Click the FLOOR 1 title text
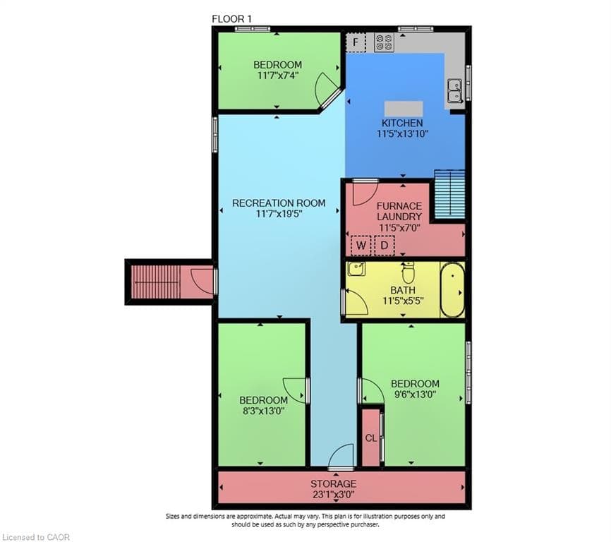232,19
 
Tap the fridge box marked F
356,42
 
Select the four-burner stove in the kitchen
384,42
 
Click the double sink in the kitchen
454,90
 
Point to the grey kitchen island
404,108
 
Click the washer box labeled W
361,246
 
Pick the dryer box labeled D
385,246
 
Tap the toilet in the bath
408,272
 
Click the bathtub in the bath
452,289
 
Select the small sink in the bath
356,269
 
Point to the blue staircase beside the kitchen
449,195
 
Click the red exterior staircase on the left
156,282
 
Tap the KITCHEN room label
402,123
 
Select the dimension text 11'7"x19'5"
279,214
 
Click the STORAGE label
333,484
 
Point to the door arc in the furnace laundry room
365,193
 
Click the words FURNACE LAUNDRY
399,211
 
